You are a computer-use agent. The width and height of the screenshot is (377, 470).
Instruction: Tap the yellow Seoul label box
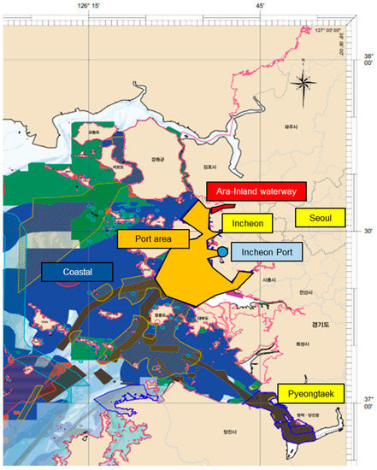[x=320, y=217]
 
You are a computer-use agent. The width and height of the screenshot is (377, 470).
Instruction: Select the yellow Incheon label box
[x=248, y=223]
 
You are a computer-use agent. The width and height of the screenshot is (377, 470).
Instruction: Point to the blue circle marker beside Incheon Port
[x=222, y=252]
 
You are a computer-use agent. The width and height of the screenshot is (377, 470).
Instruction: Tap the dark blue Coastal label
[x=77, y=272]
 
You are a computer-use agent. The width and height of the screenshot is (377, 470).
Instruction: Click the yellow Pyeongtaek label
[x=310, y=393]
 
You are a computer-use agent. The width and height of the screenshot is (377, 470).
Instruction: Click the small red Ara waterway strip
[x=223, y=206]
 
